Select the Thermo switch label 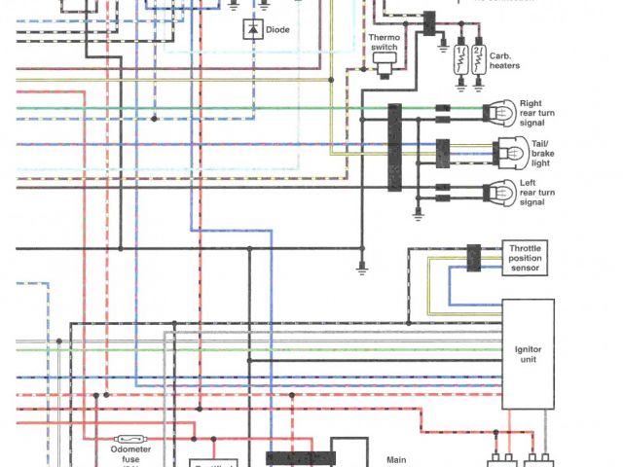[x=382, y=42]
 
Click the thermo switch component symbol [x=384, y=63]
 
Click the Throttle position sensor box [x=525, y=258]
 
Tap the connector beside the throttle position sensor [x=474, y=258]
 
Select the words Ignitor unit [x=527, y=354]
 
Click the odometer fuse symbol [x=131, y=440]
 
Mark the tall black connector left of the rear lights [x=395, y=147]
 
